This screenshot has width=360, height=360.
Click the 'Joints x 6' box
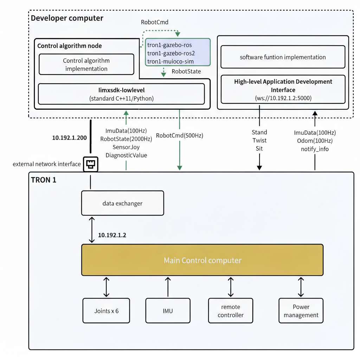[106, 311]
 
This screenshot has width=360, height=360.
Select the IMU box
[168, 311]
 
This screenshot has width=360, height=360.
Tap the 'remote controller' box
[231, 311]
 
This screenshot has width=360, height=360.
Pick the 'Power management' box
[301, 311]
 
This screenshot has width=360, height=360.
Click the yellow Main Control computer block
[202, 260]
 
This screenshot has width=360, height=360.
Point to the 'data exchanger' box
[123, 203]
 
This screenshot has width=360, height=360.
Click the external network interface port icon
[90, 164]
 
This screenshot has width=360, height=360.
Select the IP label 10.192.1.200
[69, 138]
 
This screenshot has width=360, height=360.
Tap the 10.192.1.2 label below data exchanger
[112, 235]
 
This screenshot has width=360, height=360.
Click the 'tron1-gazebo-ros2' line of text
[171, 53]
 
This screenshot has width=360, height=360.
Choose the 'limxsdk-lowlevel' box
[121, 94]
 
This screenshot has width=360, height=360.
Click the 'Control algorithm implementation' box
[86, 64]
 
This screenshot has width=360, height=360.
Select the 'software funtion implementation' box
[283, 57]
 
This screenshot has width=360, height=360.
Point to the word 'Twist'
[259, 140]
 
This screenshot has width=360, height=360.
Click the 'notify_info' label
[315, 149]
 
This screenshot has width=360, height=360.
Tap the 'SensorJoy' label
[126, 147]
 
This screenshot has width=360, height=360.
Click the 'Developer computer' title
[67, 18]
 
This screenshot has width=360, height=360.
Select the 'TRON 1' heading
[44, 180]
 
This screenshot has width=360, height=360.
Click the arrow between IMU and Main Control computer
[168, 287]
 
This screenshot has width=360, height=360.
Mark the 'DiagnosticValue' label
[126, 155]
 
